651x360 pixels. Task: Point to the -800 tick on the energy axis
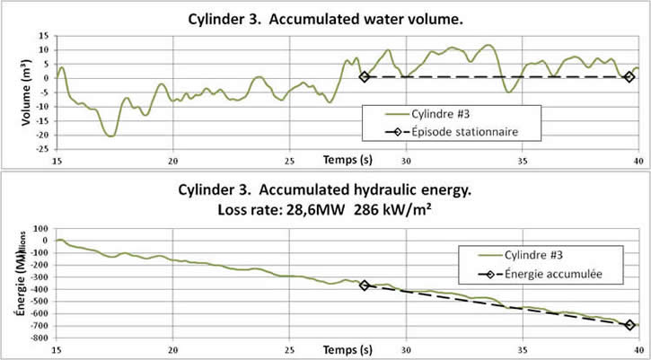40,338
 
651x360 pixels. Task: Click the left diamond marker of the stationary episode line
364,77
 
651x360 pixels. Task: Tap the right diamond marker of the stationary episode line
629,77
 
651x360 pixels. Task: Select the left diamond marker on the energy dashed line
365,285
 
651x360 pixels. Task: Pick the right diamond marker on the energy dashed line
629,326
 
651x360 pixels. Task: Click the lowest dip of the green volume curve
110,136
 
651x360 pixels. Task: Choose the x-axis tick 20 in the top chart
173,161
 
